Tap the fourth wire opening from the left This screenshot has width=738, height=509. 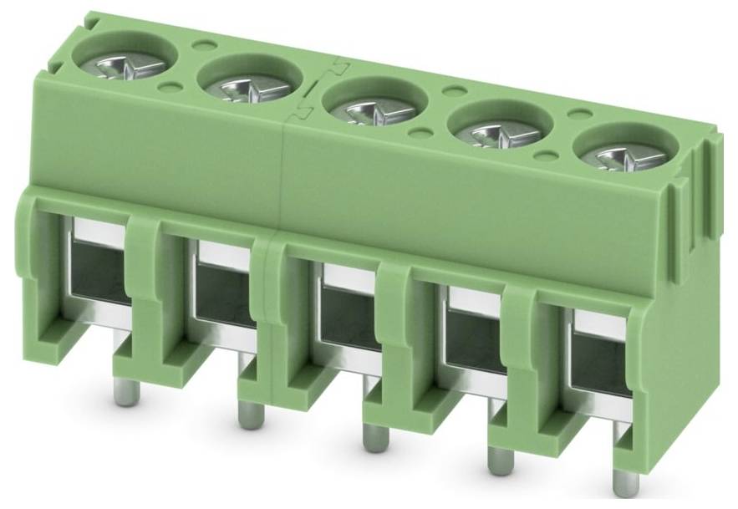point(473,340)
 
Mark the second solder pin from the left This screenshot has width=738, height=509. point(247,413)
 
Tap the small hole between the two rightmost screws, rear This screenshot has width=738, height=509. point(576,113)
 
